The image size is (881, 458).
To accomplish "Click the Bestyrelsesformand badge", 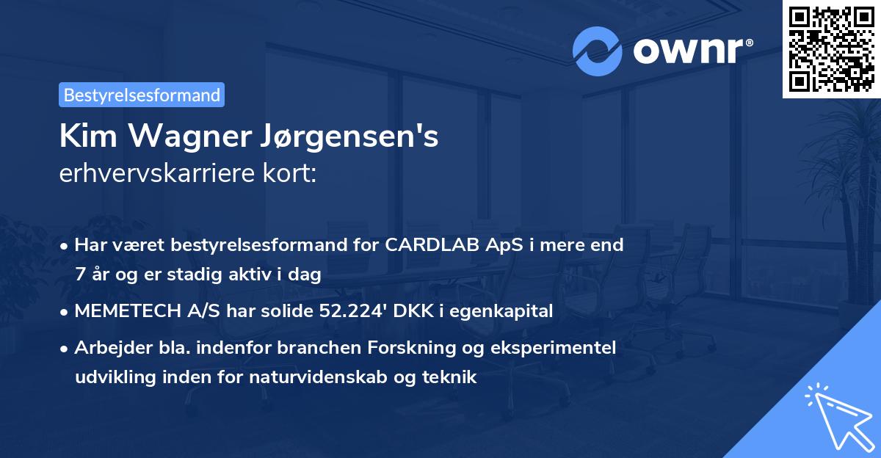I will click(142, 95).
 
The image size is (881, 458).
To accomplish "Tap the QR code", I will click(831, 49).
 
